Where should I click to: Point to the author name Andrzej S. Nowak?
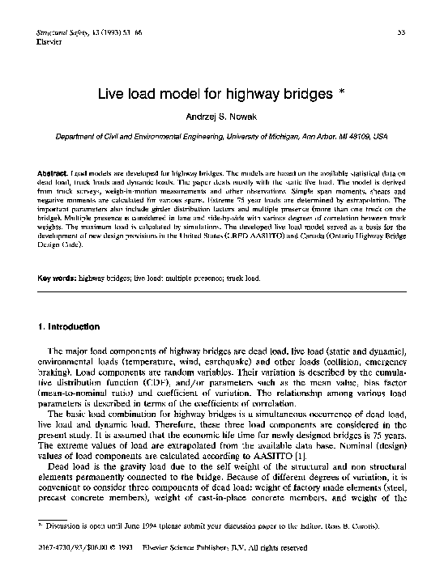tap(222, 117)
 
